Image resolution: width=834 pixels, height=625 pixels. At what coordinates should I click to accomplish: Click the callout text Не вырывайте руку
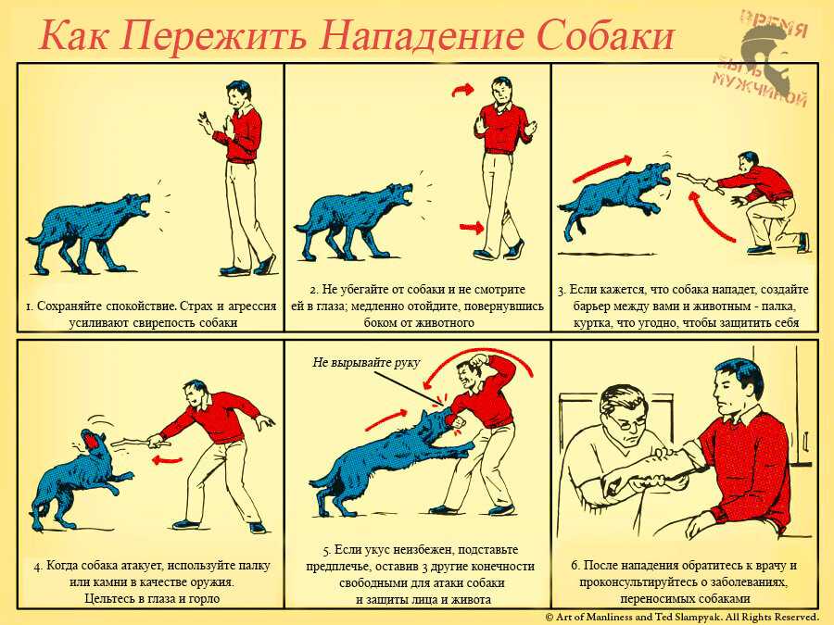366,362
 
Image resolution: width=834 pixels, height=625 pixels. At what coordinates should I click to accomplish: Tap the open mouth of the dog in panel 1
144,206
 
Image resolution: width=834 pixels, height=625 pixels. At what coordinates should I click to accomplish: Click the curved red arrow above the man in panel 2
462,90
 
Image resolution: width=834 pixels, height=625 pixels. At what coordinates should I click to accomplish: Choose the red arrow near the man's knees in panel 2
472,228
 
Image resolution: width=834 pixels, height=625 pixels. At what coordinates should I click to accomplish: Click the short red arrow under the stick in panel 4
167,459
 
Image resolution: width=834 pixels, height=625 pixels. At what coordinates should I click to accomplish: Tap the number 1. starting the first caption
31,306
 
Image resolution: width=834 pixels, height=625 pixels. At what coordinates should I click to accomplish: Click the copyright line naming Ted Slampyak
682,617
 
